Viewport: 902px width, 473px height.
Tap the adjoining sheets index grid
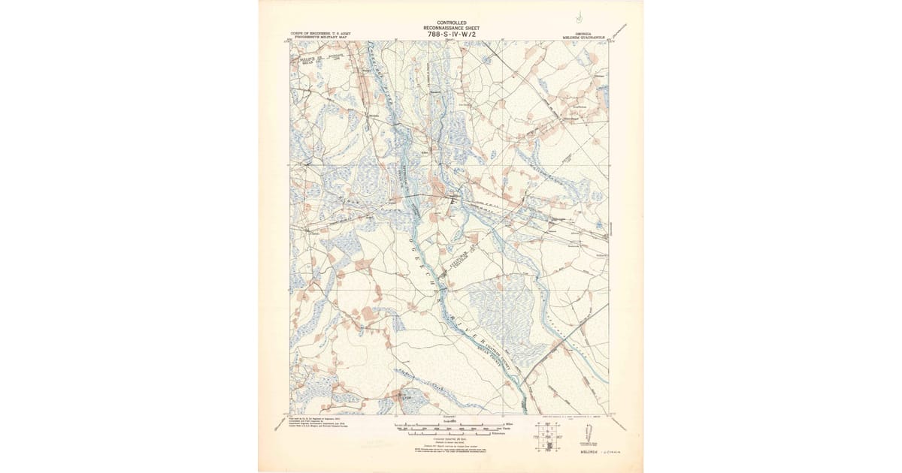click(x=549, y=435)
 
